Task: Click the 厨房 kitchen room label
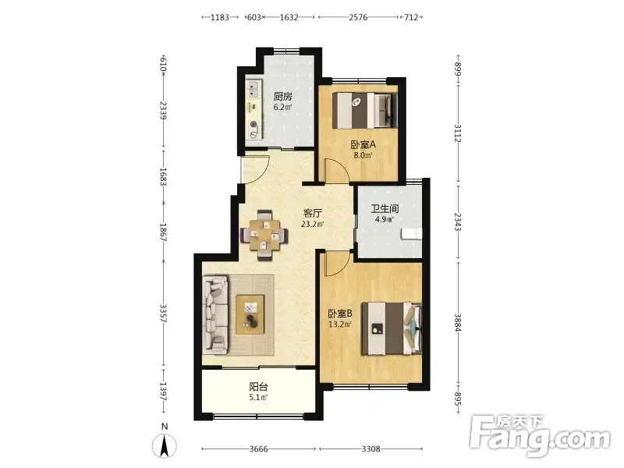tap(283, 97)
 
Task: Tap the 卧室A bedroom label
tap(363, 145)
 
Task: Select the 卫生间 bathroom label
tap(385, 208)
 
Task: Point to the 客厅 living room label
tap(313, 213)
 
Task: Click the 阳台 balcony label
tap(258, 386)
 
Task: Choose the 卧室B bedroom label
tap(340, 314)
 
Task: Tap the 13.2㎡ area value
tap(340, 324)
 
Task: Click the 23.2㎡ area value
tap(313, 224)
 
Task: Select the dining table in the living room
tap(264, 236)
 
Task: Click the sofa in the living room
tap(215, 315)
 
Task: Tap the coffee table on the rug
tap(250, 314)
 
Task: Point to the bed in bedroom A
tap(365, 110)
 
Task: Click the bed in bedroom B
tap(392, 328)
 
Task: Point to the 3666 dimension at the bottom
tap(259, 449)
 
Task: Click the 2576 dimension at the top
tap(358, 17)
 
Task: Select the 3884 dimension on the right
tap(457, 323)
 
